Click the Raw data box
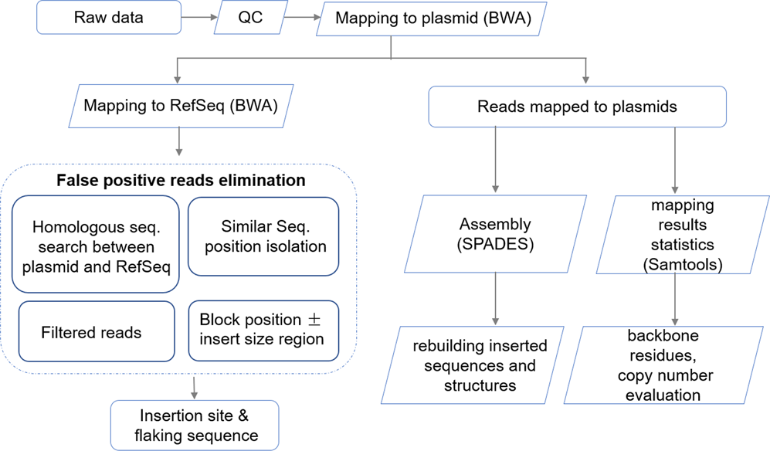(109, 18)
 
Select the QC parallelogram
(249, 18)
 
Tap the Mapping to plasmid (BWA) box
(433, 19)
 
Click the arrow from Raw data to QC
(199, 18)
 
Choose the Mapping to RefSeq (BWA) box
(180, 106)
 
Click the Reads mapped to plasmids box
(577, 107)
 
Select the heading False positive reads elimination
(181, 181)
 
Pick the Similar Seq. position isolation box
(263, 236)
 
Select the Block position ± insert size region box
(263, 330)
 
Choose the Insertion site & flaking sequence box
(194, 426)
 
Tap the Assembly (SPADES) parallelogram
(495, 233)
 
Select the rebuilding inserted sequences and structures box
(479, 365)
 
